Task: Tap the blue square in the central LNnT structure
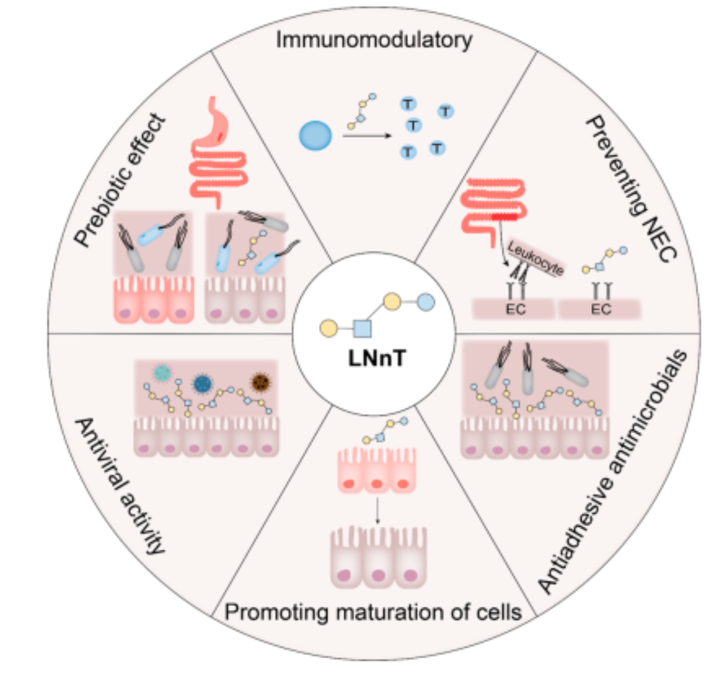pyautogui.click(x=362, y=328)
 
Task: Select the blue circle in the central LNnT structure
pyautogui.click(x=425, y=302)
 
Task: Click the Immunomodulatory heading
pyautogui.click(x=374, y=40)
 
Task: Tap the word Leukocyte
pyautogui.click(x=535, y=258)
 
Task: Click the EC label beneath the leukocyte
pyautogui.click(x=515, y=309)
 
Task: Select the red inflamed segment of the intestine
pyautogui.click(x=505, y=216)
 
